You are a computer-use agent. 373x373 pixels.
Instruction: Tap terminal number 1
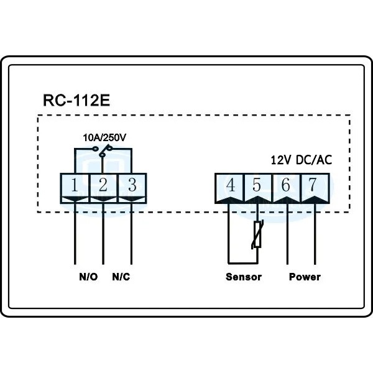coord(75,185)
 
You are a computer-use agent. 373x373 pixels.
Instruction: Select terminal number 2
coord(103,185)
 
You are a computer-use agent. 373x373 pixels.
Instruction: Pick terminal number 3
coord(131,185)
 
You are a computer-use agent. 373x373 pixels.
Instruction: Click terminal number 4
coord(229,185)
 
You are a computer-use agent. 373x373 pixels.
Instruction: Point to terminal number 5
coord(257,185)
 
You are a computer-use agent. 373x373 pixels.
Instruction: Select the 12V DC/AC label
coord(301,160)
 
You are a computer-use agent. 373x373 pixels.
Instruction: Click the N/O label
coord(88,276)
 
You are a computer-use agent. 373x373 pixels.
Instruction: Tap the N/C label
coord(121,276)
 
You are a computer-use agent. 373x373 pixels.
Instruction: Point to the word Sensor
coord(243,276)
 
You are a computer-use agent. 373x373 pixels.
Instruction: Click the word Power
coord(305,276)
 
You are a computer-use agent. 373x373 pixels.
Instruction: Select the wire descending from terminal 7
coord(315,236)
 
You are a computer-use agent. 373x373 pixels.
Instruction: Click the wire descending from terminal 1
coord(75,236)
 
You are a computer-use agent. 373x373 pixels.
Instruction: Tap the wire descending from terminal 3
coord(131,236)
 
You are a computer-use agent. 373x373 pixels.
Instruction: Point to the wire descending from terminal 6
coord(287,236)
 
